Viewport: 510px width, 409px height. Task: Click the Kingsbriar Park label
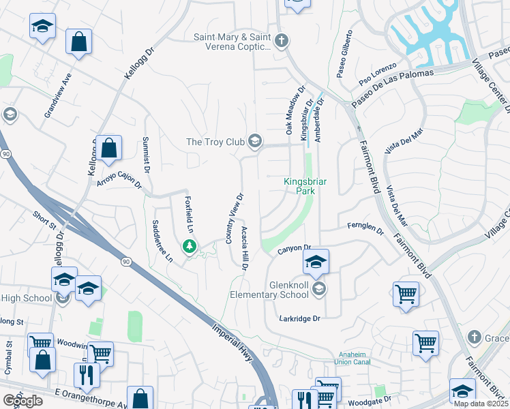[299, 186]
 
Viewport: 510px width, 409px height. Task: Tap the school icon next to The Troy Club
[255, 141]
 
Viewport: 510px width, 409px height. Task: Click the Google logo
[22, 400]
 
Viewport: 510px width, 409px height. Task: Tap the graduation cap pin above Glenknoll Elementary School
[316, 262]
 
